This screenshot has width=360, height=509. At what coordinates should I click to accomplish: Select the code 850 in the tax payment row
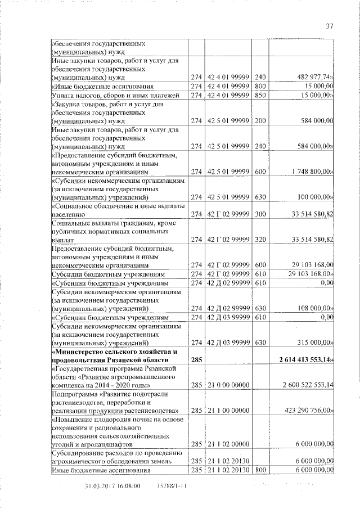coord(259,95)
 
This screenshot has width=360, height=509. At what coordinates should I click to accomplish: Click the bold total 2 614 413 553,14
coord(303,359)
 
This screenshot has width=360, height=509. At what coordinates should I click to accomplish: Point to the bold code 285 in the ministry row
coord(196,359)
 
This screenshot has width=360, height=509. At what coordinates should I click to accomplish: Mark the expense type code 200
coord(259,120)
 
